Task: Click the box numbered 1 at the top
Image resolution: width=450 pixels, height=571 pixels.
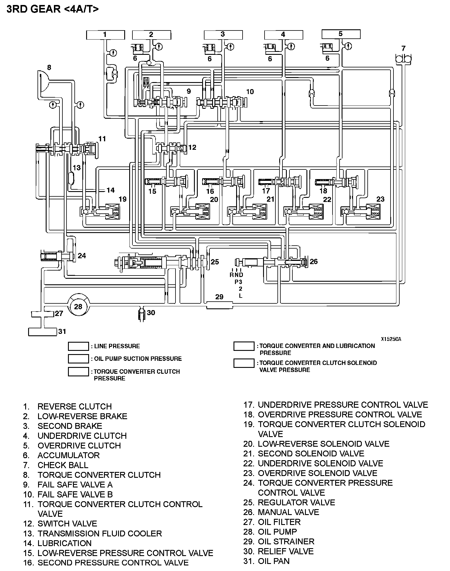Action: coord(105,35)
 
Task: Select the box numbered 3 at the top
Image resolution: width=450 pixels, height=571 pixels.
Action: coord(223,35)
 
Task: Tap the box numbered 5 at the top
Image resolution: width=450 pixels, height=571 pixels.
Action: coord(341,34)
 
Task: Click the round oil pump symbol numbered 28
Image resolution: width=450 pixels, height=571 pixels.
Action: coord(78,306)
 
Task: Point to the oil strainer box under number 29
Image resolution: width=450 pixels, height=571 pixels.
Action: coord(219,305)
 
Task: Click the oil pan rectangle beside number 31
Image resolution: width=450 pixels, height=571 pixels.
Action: coord(42,332)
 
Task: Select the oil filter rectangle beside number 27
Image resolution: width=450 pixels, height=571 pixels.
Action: coord(43,314)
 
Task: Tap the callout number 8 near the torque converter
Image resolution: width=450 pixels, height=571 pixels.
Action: coord(49,67)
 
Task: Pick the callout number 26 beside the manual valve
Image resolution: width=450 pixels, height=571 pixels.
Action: coord(313,261)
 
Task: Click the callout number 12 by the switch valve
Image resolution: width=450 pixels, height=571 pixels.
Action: coord(192,147)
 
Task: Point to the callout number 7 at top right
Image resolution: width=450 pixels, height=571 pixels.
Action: coord(403,48)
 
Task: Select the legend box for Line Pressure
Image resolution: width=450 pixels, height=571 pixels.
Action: coord(78,346)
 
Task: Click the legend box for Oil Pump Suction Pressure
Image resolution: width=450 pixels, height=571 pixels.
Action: coord(78,359)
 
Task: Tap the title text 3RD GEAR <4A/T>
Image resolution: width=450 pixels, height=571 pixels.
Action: coord(53,9)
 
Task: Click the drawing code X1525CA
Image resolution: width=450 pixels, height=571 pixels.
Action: coord(391,339)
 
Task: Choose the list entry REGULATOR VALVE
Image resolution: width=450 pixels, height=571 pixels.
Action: coord(296,502)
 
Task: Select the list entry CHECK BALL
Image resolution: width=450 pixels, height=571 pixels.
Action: coord(63,465)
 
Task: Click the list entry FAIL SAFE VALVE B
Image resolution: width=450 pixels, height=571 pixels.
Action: coord(75,494)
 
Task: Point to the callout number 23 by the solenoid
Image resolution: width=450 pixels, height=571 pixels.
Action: coord(380,199)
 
